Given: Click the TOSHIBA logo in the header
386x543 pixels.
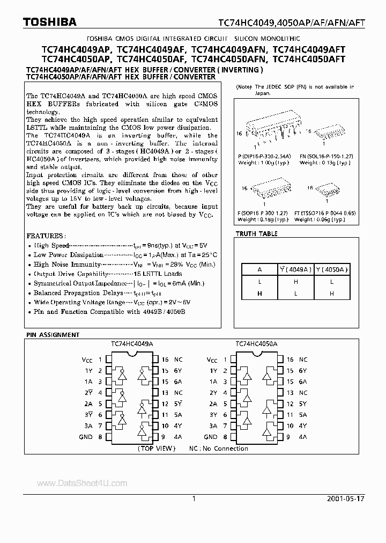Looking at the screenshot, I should (42, 22).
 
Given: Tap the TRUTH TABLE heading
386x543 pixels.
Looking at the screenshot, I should (257, 234).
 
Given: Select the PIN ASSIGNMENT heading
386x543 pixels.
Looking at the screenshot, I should (53, 335).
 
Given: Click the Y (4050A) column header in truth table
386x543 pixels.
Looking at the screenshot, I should (332, 270).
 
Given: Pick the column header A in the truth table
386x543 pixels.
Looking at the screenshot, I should (259, 270).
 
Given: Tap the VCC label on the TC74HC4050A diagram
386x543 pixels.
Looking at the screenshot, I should (212, 361).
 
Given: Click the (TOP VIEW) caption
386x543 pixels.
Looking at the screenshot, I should (156, 448).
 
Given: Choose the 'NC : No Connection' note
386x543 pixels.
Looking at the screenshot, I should (218, 448).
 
